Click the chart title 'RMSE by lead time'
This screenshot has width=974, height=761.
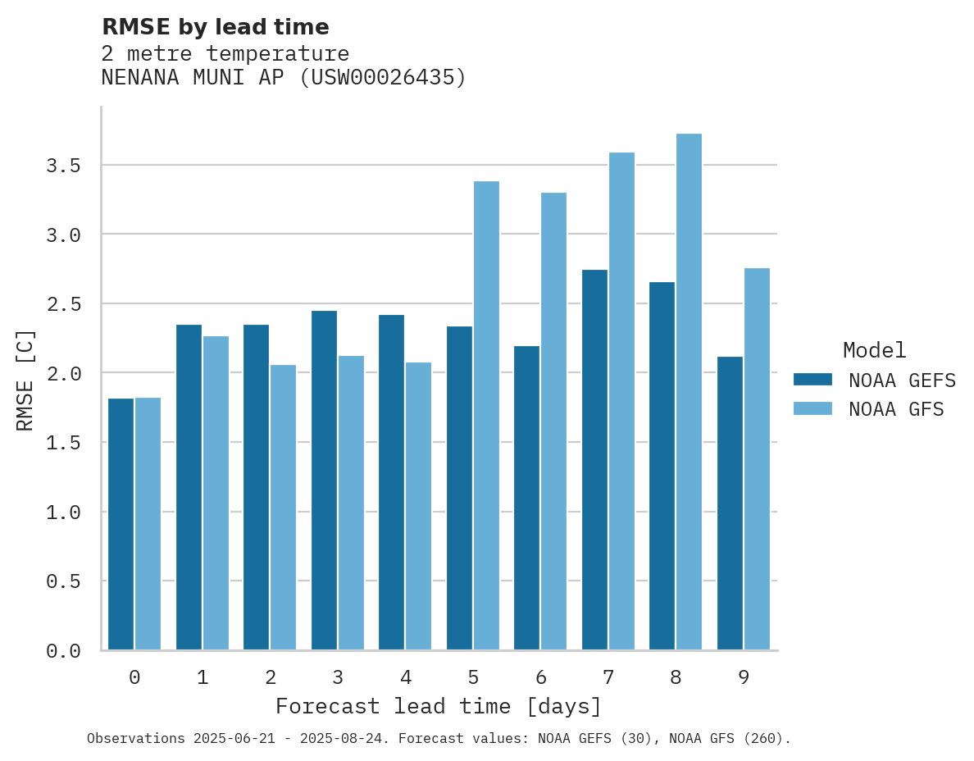[x=215, y=27]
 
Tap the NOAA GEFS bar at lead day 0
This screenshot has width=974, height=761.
[x=121, y=524]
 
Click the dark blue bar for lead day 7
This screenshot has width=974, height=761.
[x=594, y=459]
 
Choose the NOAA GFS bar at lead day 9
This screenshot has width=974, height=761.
[x=757, y=459]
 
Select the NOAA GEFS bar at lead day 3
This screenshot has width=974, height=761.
[x=324, y=480]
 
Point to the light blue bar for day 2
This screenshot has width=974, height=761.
[x=283, y=508]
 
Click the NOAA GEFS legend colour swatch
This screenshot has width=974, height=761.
[x=812, y=380]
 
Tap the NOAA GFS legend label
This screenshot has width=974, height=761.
[x=896, y=409]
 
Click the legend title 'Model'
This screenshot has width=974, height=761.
[x=874, y=350]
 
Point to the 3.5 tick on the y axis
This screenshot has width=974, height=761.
[x=63, y=166]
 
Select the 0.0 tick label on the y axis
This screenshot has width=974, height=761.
[x=63, y=651]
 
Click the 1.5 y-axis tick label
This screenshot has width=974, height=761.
[x=63, y=443]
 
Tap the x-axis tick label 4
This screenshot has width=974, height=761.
[x=405, y=677]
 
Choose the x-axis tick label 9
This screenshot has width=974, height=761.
[x=743, y=677]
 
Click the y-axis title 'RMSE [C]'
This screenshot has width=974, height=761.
[x=25, y=380]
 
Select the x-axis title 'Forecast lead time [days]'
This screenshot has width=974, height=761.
[x=439, y=706]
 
